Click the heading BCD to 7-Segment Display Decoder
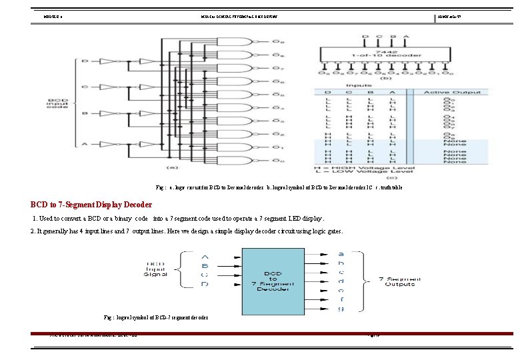[x=91, y=204]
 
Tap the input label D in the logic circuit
[x=84, y=61]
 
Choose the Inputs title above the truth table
[x=358, y=85]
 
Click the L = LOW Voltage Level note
[x=363, y=171]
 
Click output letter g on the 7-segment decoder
[x=341, y=308]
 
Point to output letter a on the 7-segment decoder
[x=341, y=254]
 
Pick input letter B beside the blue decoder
[x=204, y=265]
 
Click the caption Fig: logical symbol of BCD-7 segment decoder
[x=156, y=317]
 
